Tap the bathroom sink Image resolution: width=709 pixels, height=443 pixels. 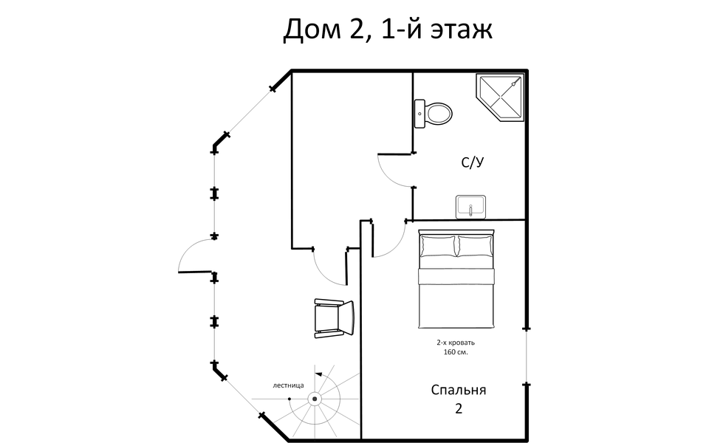470,207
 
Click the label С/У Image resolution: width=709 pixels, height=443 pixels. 473,164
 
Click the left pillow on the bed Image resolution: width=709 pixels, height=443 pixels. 438,246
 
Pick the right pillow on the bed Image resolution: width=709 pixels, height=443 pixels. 474,246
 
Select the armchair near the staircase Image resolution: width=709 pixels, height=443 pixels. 334,317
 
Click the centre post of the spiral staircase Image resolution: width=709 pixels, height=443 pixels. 315,399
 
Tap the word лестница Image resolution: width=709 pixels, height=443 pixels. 287,385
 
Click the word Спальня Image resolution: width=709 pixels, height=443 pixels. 459,390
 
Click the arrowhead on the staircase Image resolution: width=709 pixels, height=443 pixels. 318,375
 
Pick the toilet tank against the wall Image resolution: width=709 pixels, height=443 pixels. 419,113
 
